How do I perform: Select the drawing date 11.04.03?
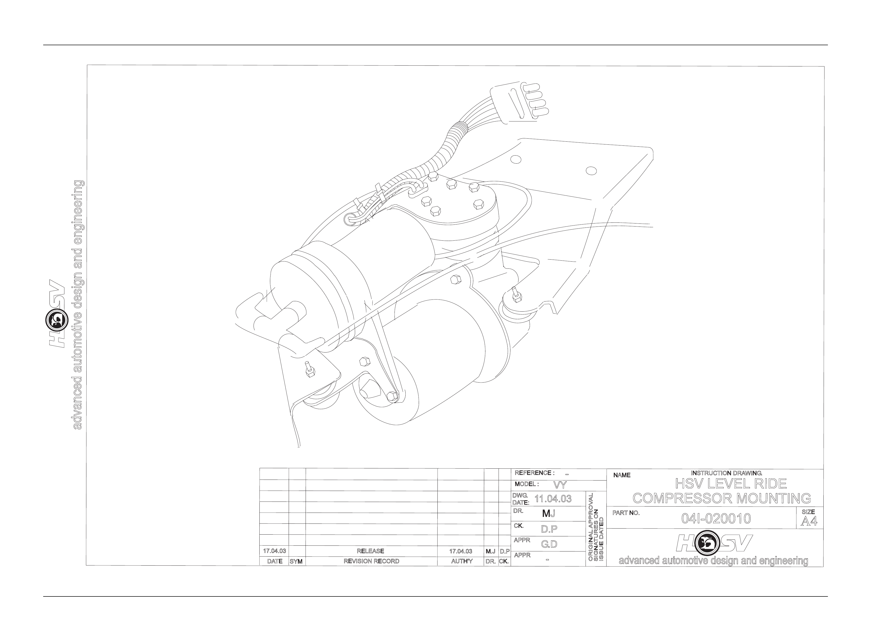[x=553, y=499]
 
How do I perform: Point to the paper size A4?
[x=809, y=521]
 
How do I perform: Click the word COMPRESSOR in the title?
[x=682, y=498]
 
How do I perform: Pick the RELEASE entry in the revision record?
[x=371, y=551]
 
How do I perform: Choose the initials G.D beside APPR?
[x=549, y=544]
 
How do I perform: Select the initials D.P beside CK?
[x=549, y=529]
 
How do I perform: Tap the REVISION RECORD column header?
[x=371, y=561]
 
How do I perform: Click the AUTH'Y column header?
[x=461, y=561]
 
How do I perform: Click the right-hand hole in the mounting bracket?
[x=591, y=170]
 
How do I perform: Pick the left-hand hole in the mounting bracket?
[x=515, y=159]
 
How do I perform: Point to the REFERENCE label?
[x=534, y=473]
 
